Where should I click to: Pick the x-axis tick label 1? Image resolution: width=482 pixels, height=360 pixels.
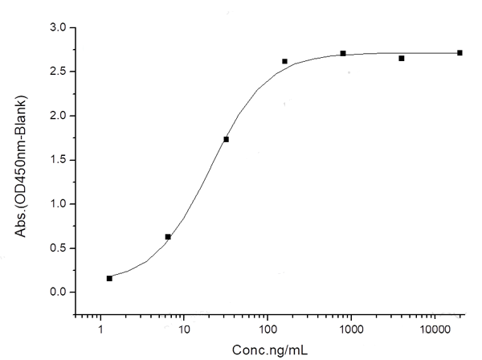100,329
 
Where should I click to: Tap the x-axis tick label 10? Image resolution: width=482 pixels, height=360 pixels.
184,329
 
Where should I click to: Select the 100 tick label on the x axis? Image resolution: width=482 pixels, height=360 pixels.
268,329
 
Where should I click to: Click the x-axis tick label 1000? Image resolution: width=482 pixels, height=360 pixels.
351,329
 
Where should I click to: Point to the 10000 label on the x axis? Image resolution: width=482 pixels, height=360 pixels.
435,329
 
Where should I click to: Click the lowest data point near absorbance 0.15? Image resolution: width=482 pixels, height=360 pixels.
109,278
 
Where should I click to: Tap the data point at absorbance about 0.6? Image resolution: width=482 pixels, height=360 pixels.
168,237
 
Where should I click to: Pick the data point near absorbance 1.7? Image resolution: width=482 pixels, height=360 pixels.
227,140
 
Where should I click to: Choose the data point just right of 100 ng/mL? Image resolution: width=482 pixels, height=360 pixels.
285,61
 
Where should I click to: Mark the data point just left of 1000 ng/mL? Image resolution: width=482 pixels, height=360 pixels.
343,54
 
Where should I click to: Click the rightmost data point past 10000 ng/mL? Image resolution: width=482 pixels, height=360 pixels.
460,53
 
